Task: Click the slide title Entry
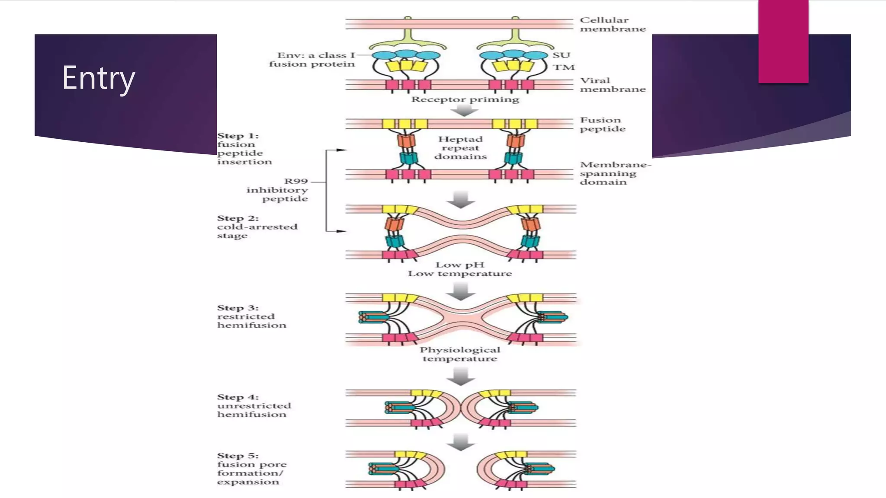[99, 78]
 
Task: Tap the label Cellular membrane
[612, 25]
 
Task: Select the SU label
[561, 55]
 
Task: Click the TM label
[564, 67]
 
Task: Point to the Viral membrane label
[612, 85]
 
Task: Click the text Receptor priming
[465, 99]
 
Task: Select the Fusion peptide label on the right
[602, 124]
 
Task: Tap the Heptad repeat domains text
[460, 148]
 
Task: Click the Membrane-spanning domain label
[614, 173]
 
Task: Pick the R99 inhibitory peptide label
[278, 190]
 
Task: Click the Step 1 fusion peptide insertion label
[244, 149]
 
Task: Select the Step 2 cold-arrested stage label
[257, 227]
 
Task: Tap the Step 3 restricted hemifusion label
[251, 316]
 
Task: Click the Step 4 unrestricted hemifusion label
[254, 405]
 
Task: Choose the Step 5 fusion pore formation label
[251, 469]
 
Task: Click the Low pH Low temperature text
[459, 269]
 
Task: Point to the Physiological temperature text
[459, 354]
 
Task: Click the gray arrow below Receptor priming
[464, 111]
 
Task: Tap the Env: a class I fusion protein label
[312, 60]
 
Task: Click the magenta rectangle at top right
[783, 41]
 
